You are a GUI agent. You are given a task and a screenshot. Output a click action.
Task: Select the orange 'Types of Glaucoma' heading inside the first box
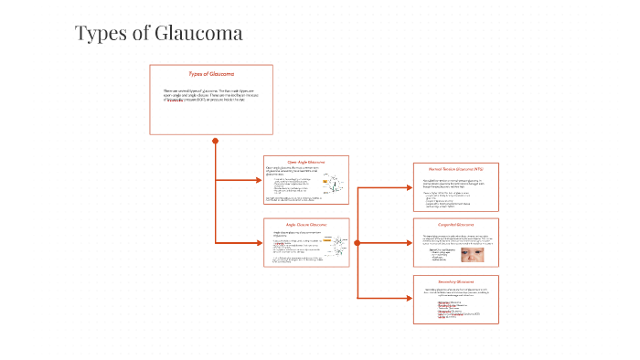[211, 73]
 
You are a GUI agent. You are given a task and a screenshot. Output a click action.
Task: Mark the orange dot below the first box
[216, 141]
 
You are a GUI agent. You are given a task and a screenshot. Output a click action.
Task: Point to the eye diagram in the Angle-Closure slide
[335, 248]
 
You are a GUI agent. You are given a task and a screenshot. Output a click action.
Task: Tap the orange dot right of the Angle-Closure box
[357, 243]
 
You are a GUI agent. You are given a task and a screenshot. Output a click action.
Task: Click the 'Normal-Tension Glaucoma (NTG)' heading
[455, 170]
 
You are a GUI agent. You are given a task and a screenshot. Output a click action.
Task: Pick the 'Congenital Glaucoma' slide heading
[455, 225]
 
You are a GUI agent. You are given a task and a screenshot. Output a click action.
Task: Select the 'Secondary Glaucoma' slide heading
[455, 281]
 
